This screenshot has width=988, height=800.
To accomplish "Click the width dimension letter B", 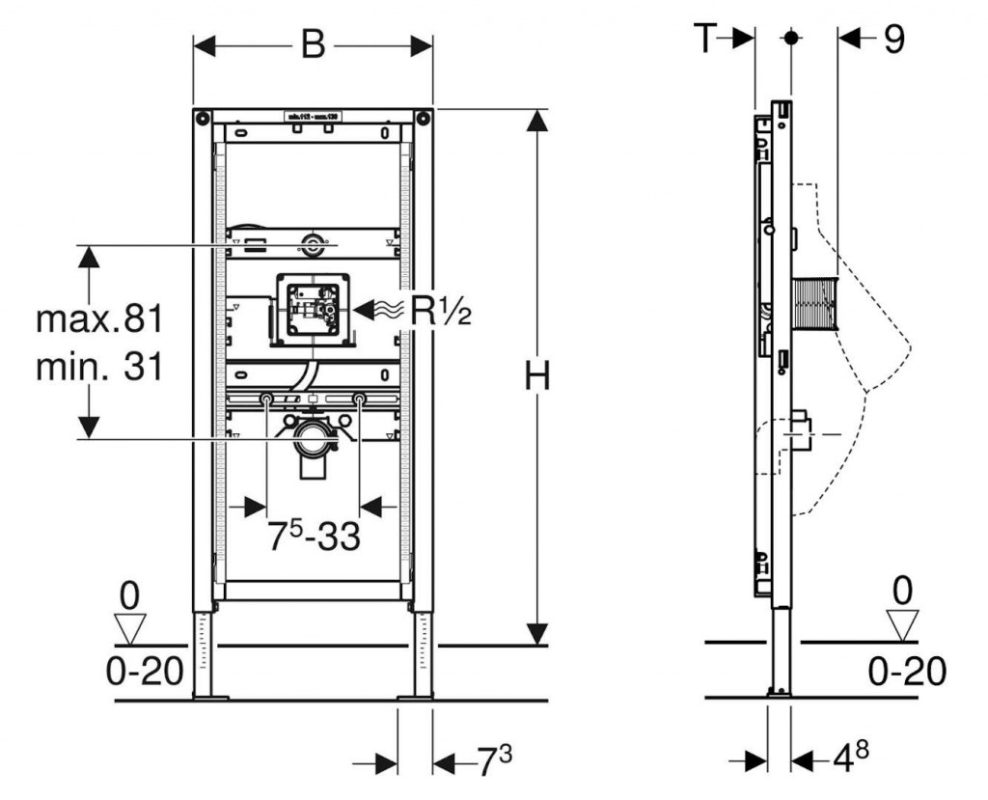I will click(x=313, y=44).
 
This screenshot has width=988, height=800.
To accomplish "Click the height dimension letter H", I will click(x=536, y=376).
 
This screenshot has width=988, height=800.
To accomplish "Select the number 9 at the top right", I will click(x=893, y=39).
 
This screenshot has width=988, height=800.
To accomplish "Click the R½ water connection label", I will click(x=441, y=310).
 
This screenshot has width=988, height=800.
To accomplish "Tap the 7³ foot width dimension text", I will click(x=494, y=762).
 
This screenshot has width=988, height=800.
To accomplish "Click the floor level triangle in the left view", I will click(x=128, y=629).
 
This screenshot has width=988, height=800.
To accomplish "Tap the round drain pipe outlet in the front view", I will click(x=311, y=441).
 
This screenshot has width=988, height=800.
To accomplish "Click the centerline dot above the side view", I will click(x=791, y=39).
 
